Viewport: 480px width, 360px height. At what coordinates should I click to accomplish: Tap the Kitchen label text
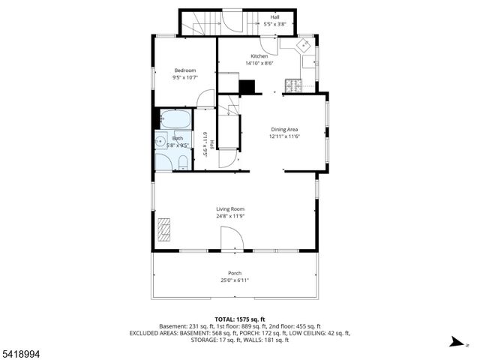point(259,56)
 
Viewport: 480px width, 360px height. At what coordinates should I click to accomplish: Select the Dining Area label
point(284,130)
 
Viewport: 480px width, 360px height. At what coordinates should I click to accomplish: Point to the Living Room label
point(230,209)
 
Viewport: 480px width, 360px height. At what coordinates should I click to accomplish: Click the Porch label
point(235,273)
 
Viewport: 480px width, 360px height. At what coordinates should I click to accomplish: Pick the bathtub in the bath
point(174,119)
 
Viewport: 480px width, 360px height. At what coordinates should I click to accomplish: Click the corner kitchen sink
point(306,46)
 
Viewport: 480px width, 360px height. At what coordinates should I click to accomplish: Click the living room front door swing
point(232,240)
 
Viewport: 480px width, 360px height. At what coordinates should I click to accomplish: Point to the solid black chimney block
point(247,85)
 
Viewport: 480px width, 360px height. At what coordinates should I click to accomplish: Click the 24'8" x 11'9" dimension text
point(230,217)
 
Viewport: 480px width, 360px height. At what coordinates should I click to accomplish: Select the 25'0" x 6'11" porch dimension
point(235,280)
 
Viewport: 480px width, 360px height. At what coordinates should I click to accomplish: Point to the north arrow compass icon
point(455,342)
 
